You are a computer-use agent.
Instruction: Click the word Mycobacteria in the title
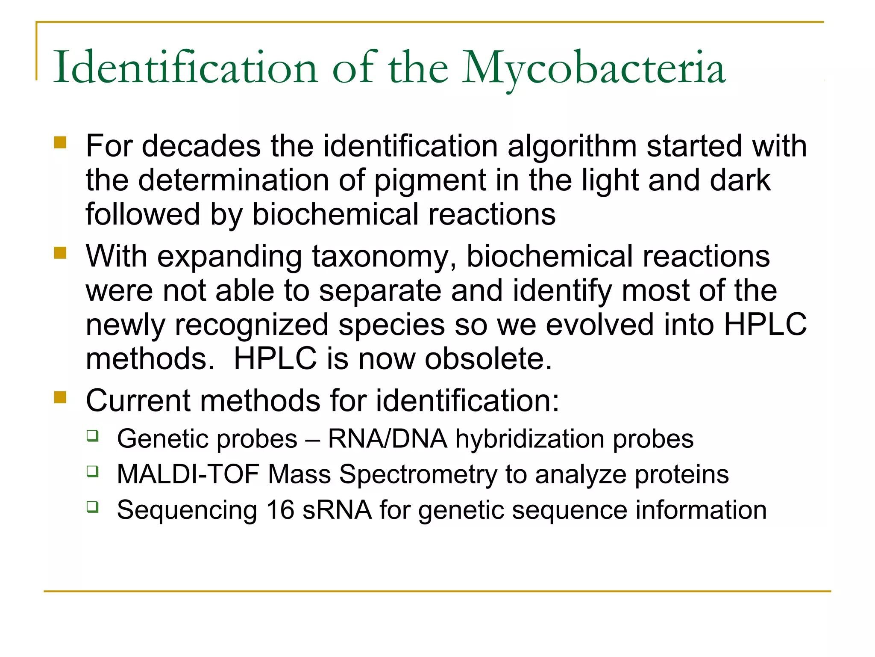click(594, 68)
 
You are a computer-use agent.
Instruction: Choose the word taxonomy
click(384, 257)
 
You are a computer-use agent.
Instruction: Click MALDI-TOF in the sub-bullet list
click(188, 474)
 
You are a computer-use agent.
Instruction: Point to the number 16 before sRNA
click(280, 510)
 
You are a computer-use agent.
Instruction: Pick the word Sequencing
click(187, 510)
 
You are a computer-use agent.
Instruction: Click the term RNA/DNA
click(388, 439)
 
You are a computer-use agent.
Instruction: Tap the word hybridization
click(530, 439)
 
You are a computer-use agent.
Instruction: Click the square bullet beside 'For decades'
click(61, 142)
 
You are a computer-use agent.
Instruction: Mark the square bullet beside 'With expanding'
click(61, 253)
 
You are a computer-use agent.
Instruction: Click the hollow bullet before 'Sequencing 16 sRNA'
click(93, 507)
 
